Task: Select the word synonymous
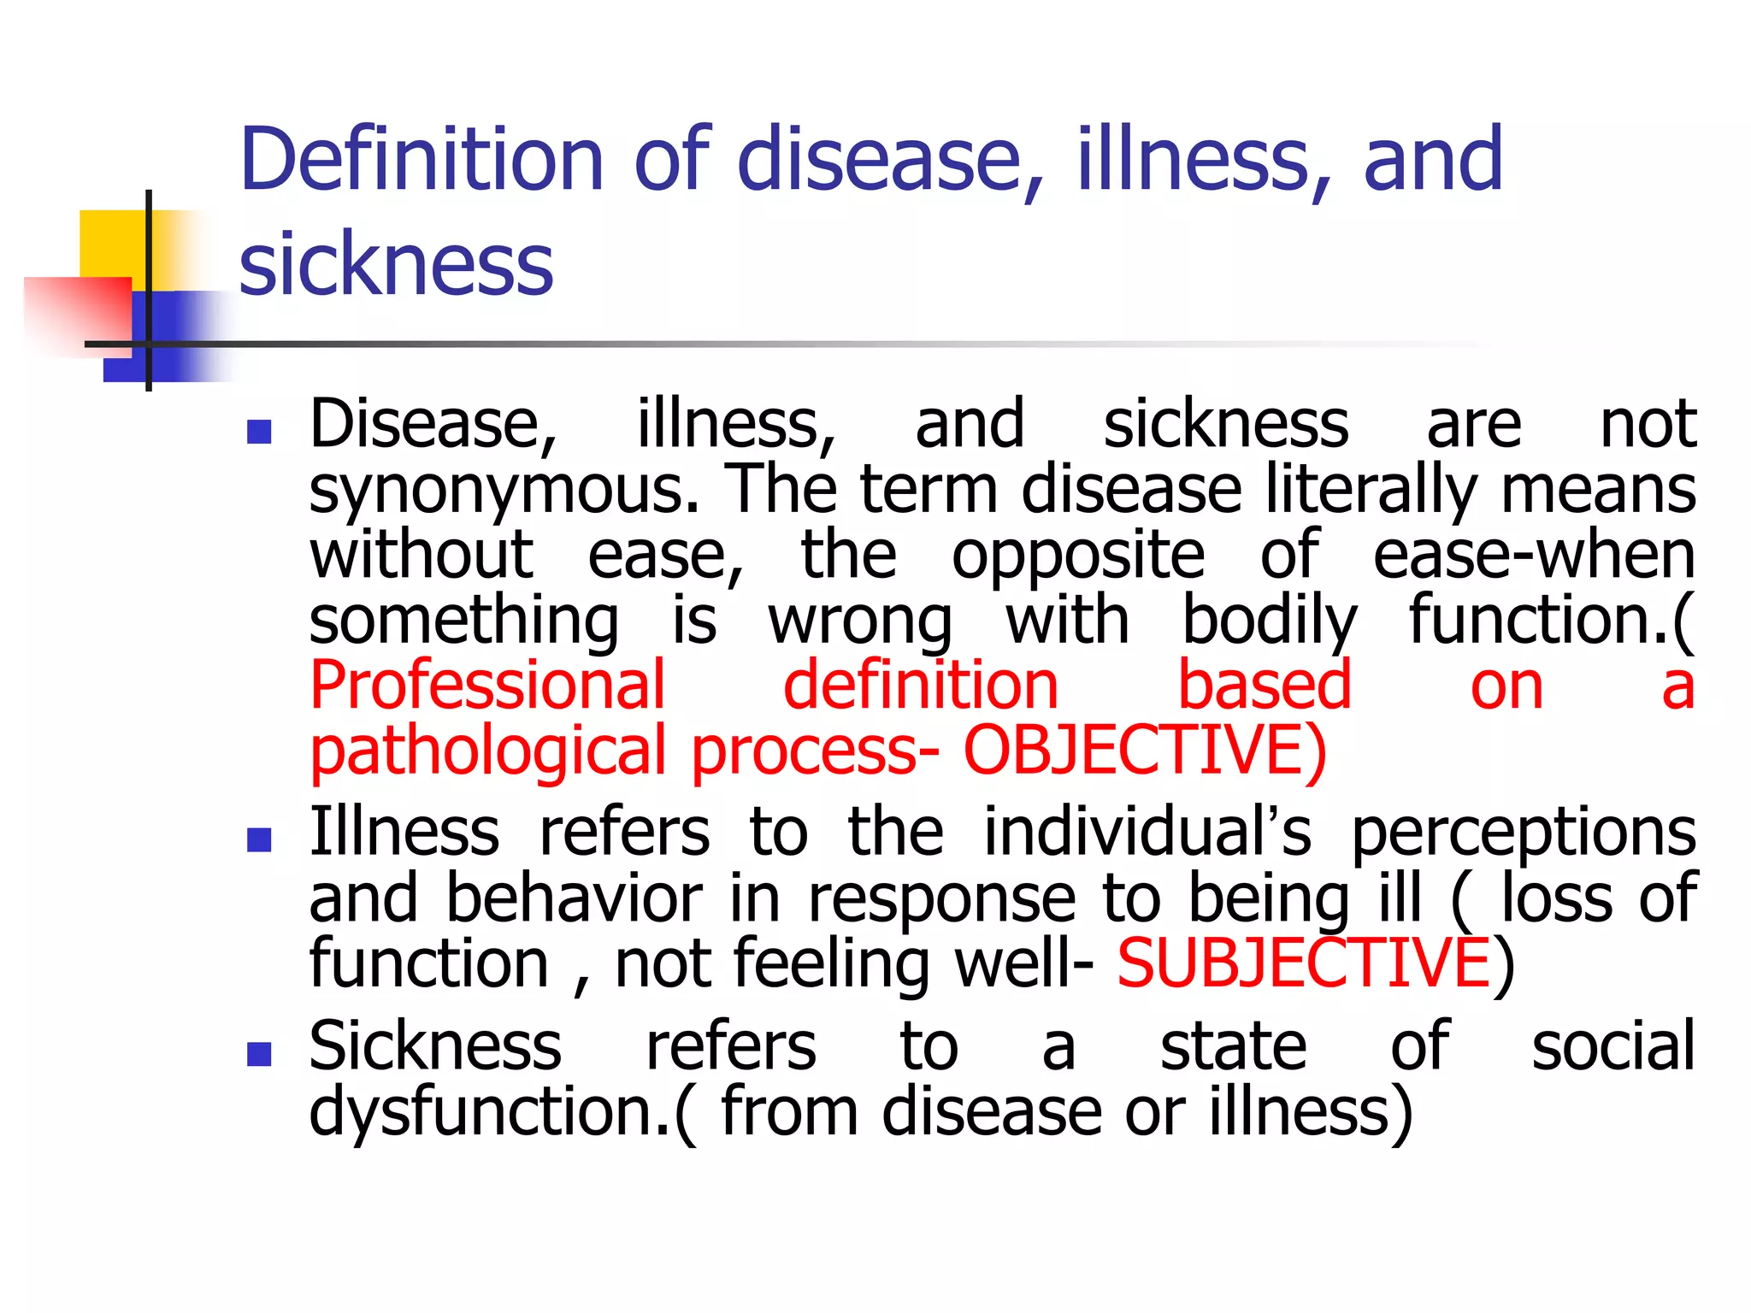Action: [x=504, y=491]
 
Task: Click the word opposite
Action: [x=1078, y=556]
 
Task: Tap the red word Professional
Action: [x=487, y=686]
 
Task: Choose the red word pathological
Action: [x=487, y=751]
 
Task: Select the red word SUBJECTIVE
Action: [x=1304, y=963]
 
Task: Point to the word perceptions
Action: [x=1523, y=833]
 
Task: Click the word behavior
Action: [x=574, y=898]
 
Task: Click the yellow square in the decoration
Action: [x=111, y=243]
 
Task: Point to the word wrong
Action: [x=860, y=621]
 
